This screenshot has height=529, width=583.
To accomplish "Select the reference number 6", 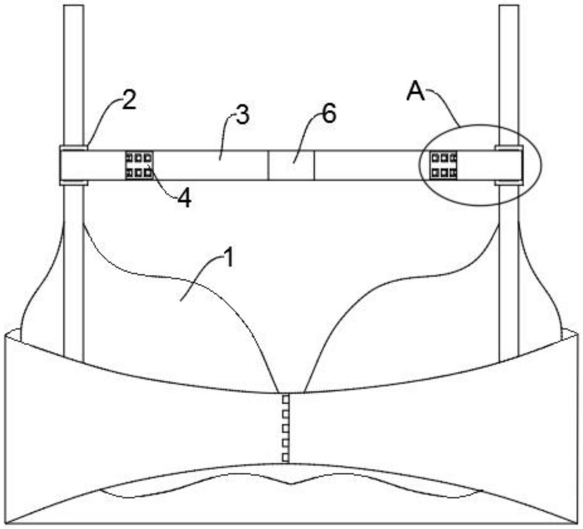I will pyautogui.click(x=329, y=114).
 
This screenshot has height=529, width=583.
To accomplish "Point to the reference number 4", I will pyautogui.click(x=184, y=198).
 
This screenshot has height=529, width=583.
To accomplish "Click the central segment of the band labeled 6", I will pyautogui.click(x=291, y=165).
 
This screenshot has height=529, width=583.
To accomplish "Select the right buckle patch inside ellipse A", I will pyautogui.click(x=443, y=165).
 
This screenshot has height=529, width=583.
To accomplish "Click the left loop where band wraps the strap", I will pyautogui.click(x=73, y=165).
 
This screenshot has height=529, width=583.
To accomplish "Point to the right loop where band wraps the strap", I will pyautogui.click(x=509, y=165).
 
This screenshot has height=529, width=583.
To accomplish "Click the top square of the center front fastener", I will pyautogui.click(x=285, y=399).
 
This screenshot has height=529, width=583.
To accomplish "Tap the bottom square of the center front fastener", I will pyautogui.click(x=285, y=457).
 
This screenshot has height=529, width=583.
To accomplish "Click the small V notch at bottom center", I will pyautogui.click(x=291, y=484).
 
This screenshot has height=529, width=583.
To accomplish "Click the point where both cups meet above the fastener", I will pyautogui.click(x=291, y=392).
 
